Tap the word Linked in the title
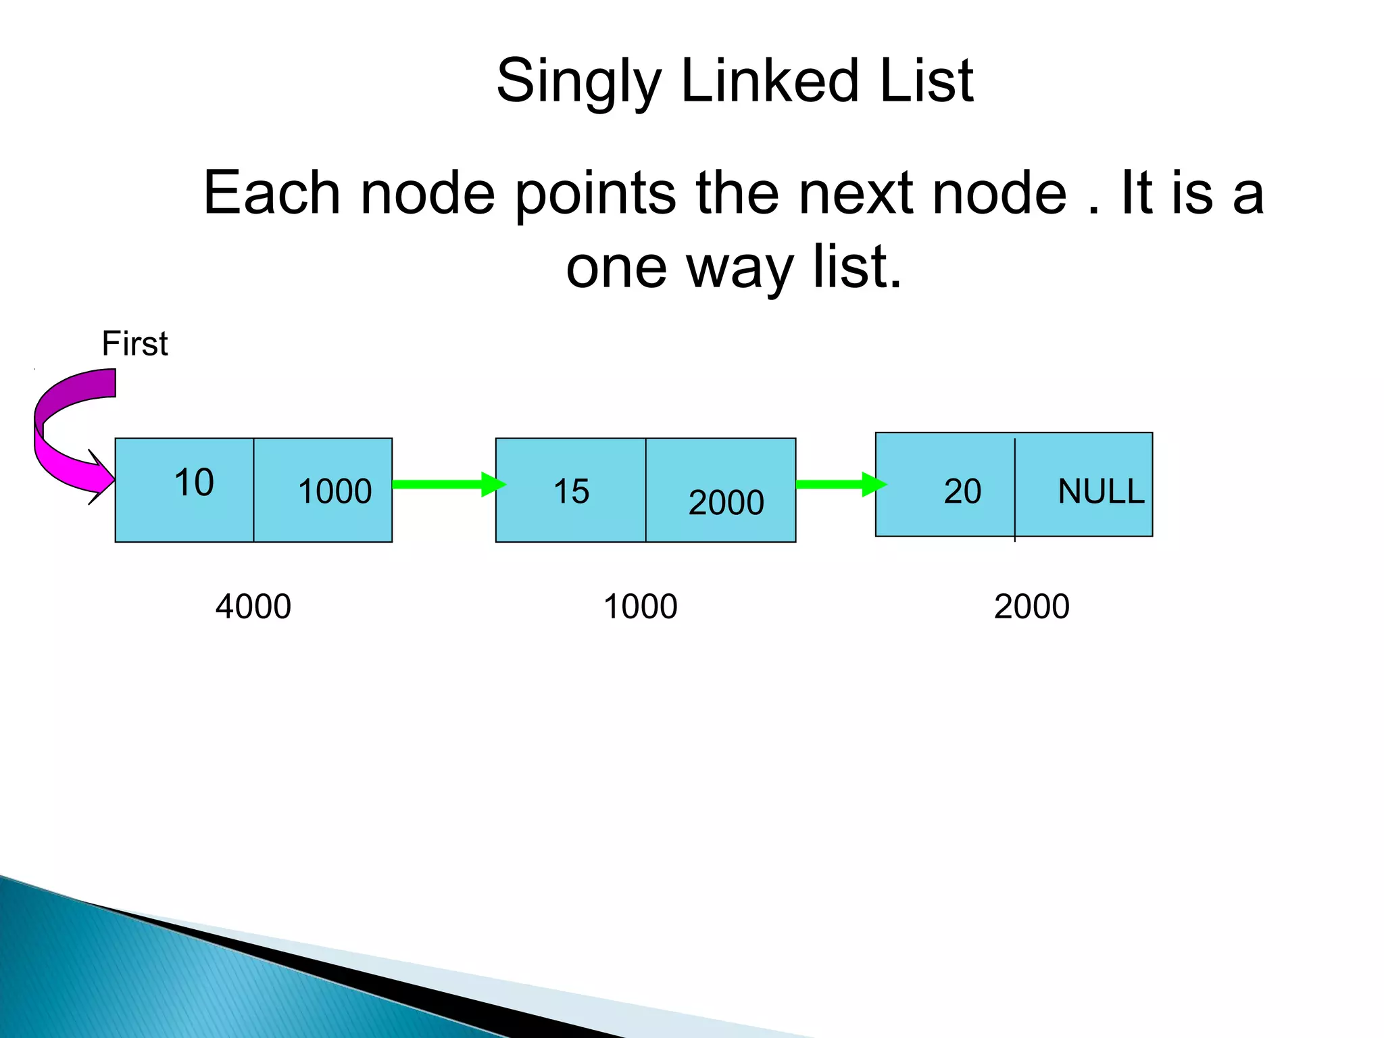tap(770, 81)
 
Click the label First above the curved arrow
tap(134, 343)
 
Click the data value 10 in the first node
tap(194, 483)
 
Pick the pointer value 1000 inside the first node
tap(335, 491)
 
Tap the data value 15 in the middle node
tap(571, 491)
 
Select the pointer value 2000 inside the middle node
tap(726, 503)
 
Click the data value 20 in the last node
tap(962, 491)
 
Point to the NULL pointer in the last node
tap(1101, 491)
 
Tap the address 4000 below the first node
tap(253, 606)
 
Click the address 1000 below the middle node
tap(640, 606)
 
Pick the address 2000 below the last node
tap(1031, 606)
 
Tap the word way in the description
tap(740, 268)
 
